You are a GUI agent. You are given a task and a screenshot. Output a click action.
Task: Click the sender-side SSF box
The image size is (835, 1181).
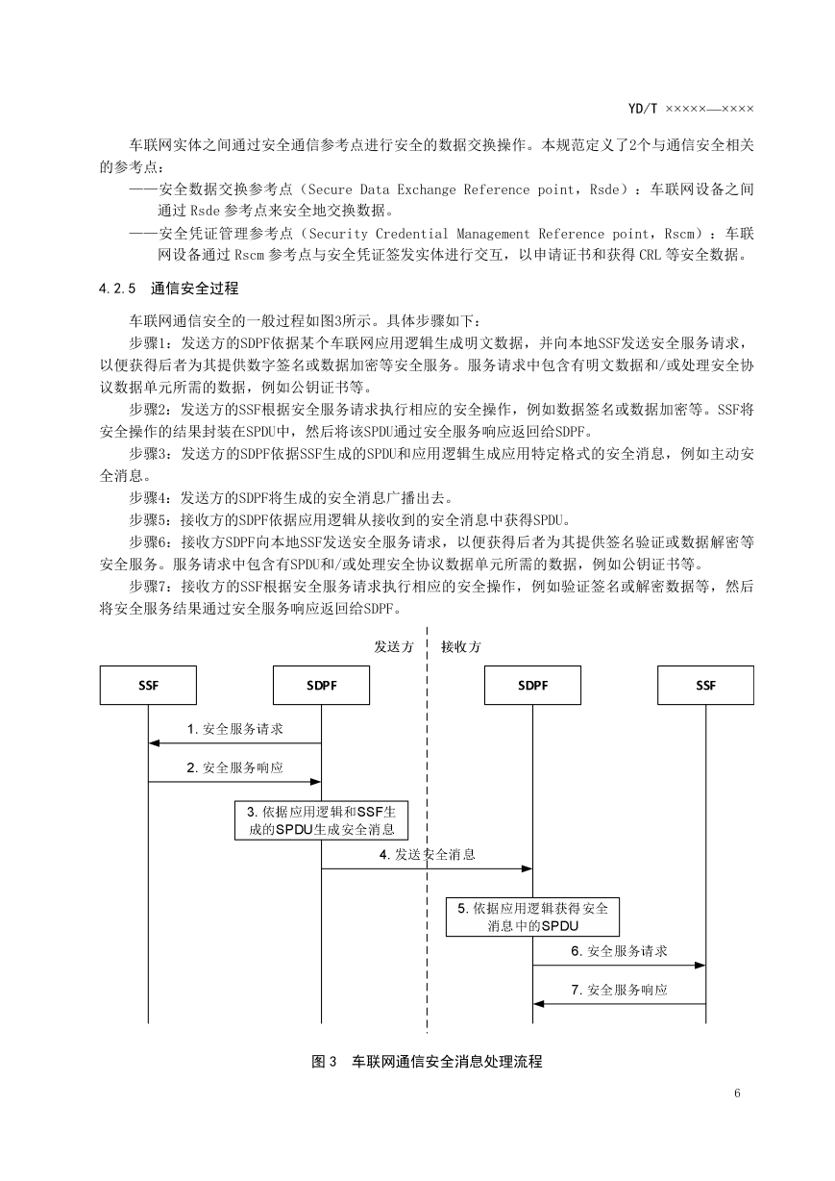coord(148,685)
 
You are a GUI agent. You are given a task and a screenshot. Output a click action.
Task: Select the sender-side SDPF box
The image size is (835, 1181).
coord(321,685)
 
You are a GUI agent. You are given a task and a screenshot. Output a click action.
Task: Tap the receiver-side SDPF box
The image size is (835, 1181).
coord(532,685)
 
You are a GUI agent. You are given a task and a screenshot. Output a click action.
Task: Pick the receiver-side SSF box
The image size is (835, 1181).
coord(705,685)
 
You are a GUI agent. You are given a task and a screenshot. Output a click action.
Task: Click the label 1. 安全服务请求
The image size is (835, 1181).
coord(235,729)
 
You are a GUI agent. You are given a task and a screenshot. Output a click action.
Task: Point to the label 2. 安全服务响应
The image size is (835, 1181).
coord(235,767)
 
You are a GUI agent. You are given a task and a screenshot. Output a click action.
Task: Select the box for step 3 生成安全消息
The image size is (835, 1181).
coord(321,820)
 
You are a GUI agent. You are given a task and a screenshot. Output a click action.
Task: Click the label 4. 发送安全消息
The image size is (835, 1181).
coord(428,855)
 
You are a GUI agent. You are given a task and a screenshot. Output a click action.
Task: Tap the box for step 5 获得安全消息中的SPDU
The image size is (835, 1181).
coord(532,917)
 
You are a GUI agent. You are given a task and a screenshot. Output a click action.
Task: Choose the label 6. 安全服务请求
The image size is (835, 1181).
coord(619,951)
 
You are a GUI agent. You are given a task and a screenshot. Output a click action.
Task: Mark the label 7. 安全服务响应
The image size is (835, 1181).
coord(619,990)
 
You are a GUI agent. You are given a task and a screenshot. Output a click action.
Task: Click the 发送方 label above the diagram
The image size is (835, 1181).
coord(394,647)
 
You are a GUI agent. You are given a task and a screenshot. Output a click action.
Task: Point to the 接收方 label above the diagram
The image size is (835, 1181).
coord(461,647)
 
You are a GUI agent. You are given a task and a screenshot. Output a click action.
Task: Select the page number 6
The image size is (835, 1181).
coord(737,1093)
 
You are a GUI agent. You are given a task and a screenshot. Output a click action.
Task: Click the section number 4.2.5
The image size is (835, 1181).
coord(117,289)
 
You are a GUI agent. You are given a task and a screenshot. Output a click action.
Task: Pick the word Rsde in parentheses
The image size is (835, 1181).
coord(603,189)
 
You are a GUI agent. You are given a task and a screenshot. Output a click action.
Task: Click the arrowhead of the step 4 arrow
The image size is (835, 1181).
coord(527,868)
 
